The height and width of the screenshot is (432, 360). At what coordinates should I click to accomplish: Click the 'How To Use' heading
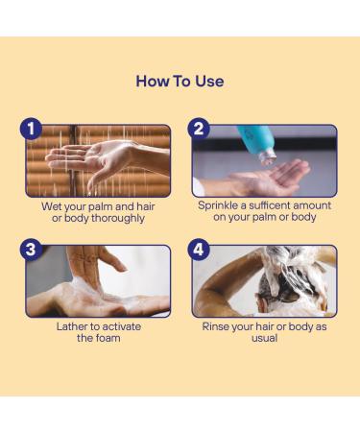tap(180, 82)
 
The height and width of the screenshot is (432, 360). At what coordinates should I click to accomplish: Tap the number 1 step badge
tap(31, 130)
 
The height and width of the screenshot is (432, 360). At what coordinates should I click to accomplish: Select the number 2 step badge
tap(199, 130)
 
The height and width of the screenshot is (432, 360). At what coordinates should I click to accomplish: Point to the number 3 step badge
tap(31, 250)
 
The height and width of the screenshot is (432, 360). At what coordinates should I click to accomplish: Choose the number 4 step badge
tap(199, 250)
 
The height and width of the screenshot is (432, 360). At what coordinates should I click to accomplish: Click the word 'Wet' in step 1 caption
tap(51, 206)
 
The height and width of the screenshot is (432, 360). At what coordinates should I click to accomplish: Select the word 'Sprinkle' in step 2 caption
tap(218, 205)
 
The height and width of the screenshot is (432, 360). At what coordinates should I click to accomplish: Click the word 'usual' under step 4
tap(264, 338)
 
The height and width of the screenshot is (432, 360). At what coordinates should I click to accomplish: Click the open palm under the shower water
tap(88, 158)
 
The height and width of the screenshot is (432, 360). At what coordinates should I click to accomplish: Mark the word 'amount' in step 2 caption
tap(312, 205)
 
